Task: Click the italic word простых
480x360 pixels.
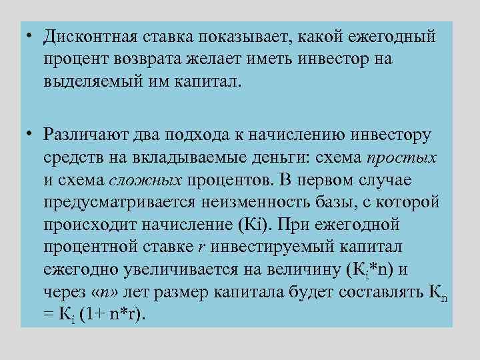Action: point(401,159)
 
